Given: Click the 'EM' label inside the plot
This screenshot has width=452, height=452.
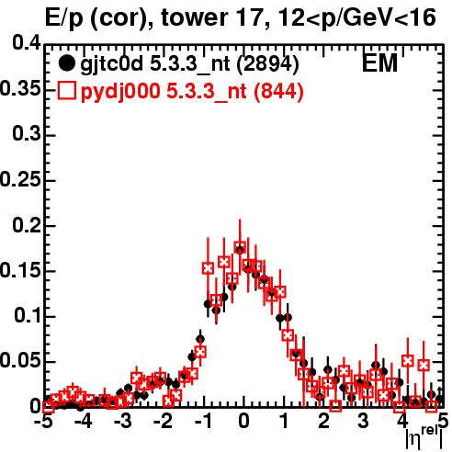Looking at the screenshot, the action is pyautogui.click(x=379, y=63).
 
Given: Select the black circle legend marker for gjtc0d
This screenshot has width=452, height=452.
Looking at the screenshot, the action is pyautogui.click(x=66, y=63).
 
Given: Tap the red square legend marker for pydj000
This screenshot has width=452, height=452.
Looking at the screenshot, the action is pyautogui.click(x=66, y=91).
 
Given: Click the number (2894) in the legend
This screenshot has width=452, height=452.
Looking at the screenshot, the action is pyautogui.click(x=267, y=64).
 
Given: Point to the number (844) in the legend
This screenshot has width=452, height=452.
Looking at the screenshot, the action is pyautogui.click(x=278, y=92).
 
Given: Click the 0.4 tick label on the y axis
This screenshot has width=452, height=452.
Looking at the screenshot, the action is pyautogui.click(x=27, y=43).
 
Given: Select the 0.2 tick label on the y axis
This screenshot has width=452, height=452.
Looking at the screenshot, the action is pyautogui.click(x=27, y=226).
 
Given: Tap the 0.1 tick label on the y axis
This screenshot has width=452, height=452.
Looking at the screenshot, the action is pyautogui.click(x=28, y=316).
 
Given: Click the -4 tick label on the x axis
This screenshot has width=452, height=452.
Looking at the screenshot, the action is pyautogui.click(x=84, y=422).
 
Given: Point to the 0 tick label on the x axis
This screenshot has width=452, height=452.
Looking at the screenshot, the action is pyautogui.click(x=243, y=422).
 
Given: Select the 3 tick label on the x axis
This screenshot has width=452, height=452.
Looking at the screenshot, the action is pyautogui.click(x=364, y=422).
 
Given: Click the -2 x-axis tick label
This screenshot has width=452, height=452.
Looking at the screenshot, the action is pyautogui.click(x=164, y=422).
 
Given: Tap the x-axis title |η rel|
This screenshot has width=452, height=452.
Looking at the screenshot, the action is pyautogui.click(x=424, y=438).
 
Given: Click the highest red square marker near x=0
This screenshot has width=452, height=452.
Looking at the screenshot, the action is pyautogui.click(x=240, y=247).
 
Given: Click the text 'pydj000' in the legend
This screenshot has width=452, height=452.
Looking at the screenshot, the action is pyautogui.click(x=120, y=92).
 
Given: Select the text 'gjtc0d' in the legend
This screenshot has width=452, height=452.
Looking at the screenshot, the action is pyautogui.click(x=112, y=64).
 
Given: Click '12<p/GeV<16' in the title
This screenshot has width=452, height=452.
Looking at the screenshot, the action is pyautogui.click(x=356, y=17).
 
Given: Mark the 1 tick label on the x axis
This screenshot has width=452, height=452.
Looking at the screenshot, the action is pyautogui.click(x=285, y=422).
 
